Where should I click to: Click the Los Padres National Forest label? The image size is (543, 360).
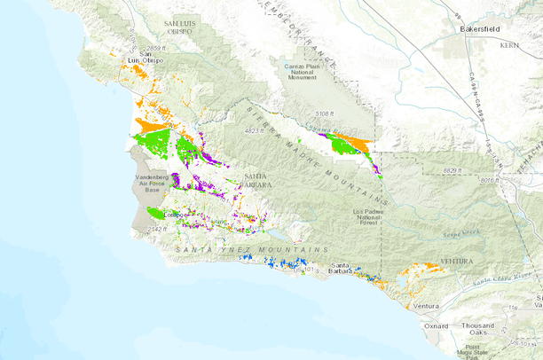pos(370,218)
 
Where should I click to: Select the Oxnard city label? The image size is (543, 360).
pos(436,325)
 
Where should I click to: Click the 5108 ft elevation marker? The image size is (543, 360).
pos(327,113)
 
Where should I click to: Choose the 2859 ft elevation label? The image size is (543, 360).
pos(153,47)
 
